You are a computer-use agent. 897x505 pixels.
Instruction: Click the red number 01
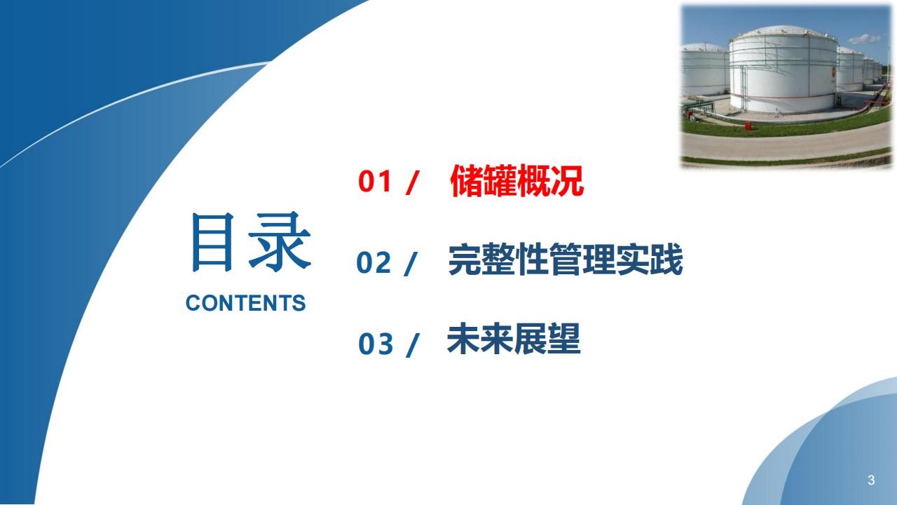(x=375, y=181)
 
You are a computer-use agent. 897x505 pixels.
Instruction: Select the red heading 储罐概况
(x=517, y=181)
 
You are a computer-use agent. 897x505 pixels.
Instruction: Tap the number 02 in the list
(x=374, y=262)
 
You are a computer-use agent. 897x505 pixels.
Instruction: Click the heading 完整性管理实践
(x=566, y=260)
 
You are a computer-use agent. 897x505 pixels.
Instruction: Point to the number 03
(x=375, y=344)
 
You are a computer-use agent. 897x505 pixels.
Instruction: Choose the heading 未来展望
(x=514, y=339)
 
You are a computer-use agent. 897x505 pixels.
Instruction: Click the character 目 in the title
(x=212, y=242)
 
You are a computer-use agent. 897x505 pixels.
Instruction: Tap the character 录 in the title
(x=280, y=242)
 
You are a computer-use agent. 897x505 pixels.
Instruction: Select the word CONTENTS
(x=245, y=303)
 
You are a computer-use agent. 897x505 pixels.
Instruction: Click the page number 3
(x=871, y=480)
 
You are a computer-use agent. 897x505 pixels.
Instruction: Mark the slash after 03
(x=412, y=345)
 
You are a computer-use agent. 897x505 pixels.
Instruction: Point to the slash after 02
(x=411, y=264)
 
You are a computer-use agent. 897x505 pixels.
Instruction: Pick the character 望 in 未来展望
(x=564, y=339)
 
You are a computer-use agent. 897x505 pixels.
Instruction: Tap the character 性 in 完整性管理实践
(x=532, y=260)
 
